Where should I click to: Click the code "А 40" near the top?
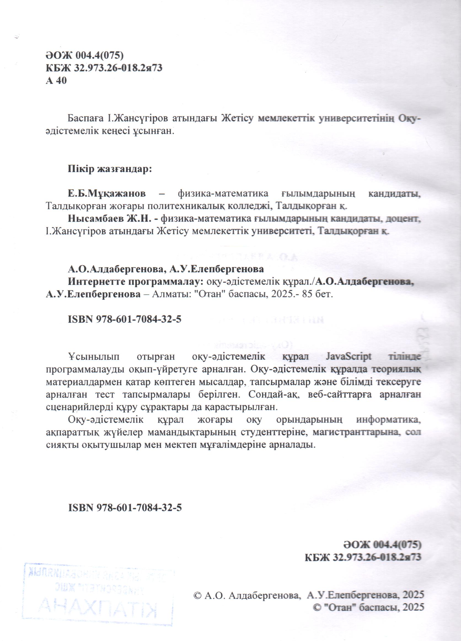(56, 81)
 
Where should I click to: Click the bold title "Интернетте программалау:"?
(136, 282)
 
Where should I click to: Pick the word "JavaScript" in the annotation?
(349, 357)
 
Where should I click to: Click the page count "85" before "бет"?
(308, 294)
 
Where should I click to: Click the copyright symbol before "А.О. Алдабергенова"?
(197, 595)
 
